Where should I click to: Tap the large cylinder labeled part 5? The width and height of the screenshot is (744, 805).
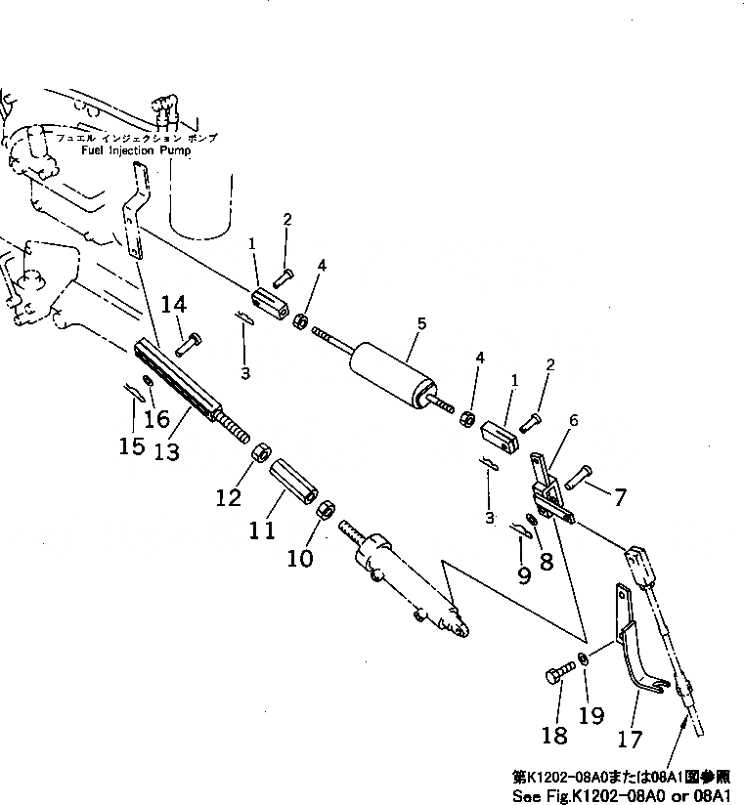pyautogui.click(x=391, y=376)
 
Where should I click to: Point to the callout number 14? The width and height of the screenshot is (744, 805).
pyautogui.click(x=173, y=306)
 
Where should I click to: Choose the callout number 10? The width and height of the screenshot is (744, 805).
pyautogui.click(x=301, y=558)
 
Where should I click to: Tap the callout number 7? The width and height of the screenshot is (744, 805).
pyautogui.click(x=620, y=496)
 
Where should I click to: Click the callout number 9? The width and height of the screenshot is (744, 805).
pyautogui.click(x=524, y=575)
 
